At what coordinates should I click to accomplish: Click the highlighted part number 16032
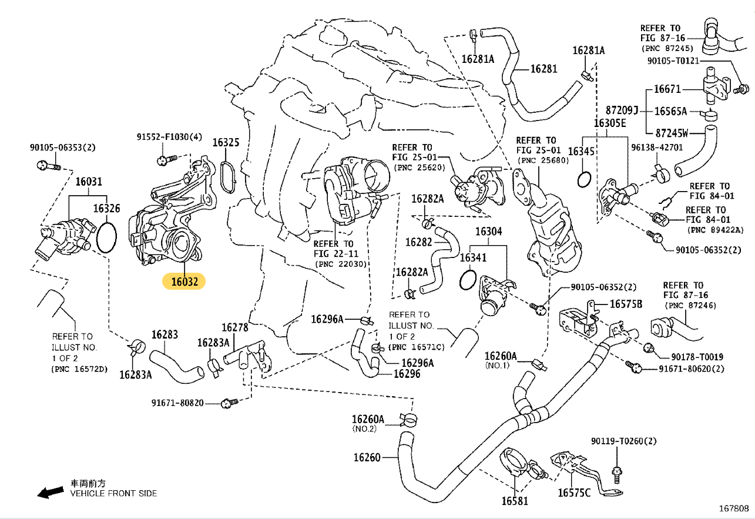tap(184, 282)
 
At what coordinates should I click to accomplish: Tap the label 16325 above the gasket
tap(226, 142)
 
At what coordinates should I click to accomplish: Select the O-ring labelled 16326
tap(106, 237)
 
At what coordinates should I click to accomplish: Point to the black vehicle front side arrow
tap(50, 492)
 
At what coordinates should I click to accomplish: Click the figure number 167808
tap(734, 508)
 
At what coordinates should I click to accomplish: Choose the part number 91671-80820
tap(177, 403)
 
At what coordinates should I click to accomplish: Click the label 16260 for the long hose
tap(367, 457)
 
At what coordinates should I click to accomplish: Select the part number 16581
tap(515, 501)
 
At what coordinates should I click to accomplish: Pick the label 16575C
tap(574, 493)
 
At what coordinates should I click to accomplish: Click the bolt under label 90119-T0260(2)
tap(616, 474)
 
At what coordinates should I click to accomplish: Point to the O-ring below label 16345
tap(584, 179)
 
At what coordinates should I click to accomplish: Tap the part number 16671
tap(667, 89)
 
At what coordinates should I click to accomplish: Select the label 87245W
tap(672, 133)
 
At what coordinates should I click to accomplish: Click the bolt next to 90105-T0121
tap(741, 89)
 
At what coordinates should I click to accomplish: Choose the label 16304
tap(488, 232)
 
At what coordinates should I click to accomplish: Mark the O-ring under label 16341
tap(468, 280)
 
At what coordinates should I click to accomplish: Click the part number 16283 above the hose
tap(165, 334)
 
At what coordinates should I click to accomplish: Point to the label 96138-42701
tap(657, 148)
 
